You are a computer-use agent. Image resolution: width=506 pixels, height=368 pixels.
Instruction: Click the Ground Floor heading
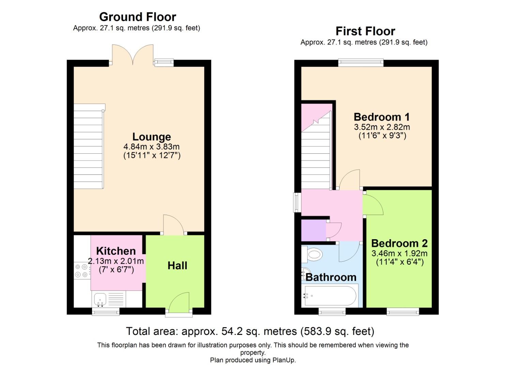pyautogui.click(x=137, y=17)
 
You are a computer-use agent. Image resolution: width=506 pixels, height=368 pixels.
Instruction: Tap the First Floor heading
pyautogui.click(x=365, y=31)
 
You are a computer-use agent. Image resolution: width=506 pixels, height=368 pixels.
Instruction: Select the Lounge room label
pyautogui.click(x=152, y=137)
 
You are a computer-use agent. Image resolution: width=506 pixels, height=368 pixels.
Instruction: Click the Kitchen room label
pyautogui.click(x=116, y=251)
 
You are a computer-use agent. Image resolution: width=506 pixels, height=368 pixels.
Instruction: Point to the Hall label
pyautogui.click(x=177, y=265)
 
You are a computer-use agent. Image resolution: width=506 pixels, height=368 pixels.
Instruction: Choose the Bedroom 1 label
pyautogui.click(x=382, y=117)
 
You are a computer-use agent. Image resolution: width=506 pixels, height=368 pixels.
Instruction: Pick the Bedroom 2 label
pyautogui.click(x=399, y=243)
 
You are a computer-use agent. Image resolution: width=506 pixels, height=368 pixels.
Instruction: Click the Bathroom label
pyautogui.click(x=331, y=277)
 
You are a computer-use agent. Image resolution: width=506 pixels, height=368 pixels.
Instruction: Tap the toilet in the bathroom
pyautogui.click(x=312, y=254)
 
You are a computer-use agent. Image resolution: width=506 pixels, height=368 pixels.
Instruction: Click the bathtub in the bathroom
pyautogui.click(x=330, y=295)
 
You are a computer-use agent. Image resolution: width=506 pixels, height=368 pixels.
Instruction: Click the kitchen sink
pyautogui.click(x=100, y=299)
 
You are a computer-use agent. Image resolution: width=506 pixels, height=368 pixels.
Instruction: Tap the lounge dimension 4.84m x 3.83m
pyautogui.click(x=152, y=147)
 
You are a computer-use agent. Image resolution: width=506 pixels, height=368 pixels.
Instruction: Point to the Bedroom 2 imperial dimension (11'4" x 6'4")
pyautogui.click(x=399, y=262)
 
